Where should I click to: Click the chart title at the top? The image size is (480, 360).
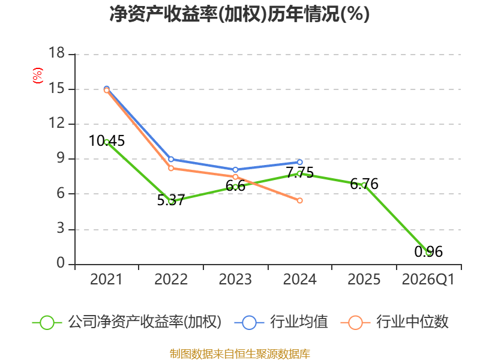[x=239, y=14]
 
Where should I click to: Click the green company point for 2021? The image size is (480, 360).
[x=107, y=142]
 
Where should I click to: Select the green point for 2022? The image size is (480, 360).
[x=171, y=201]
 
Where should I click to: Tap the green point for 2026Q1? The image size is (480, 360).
[x=428, y=253]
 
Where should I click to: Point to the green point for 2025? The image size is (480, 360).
[x=364, y=185]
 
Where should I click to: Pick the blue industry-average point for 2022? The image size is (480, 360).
[x=171, y=159]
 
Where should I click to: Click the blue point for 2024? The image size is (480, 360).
[x=299, y=162]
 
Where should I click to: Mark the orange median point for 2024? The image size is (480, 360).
[x=299, y=200]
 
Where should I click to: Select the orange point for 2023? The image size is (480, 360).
[x=235, y=176]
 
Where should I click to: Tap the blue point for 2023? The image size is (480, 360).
[x=235, y=170]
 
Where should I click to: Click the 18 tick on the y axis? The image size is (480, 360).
[x=56, y=54]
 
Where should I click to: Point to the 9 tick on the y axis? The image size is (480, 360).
[x=61, y=159]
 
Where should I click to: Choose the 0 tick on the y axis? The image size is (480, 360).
[x=61, y=264]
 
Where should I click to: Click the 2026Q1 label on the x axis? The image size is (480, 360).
[x=428, y=280]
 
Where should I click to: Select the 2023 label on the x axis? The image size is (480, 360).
[x=235, y=280]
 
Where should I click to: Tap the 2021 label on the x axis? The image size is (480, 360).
[x=106, y=280]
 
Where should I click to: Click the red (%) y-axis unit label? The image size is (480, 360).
[x=37, y=76]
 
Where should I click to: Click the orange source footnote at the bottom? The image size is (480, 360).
[x=239, y=353]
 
